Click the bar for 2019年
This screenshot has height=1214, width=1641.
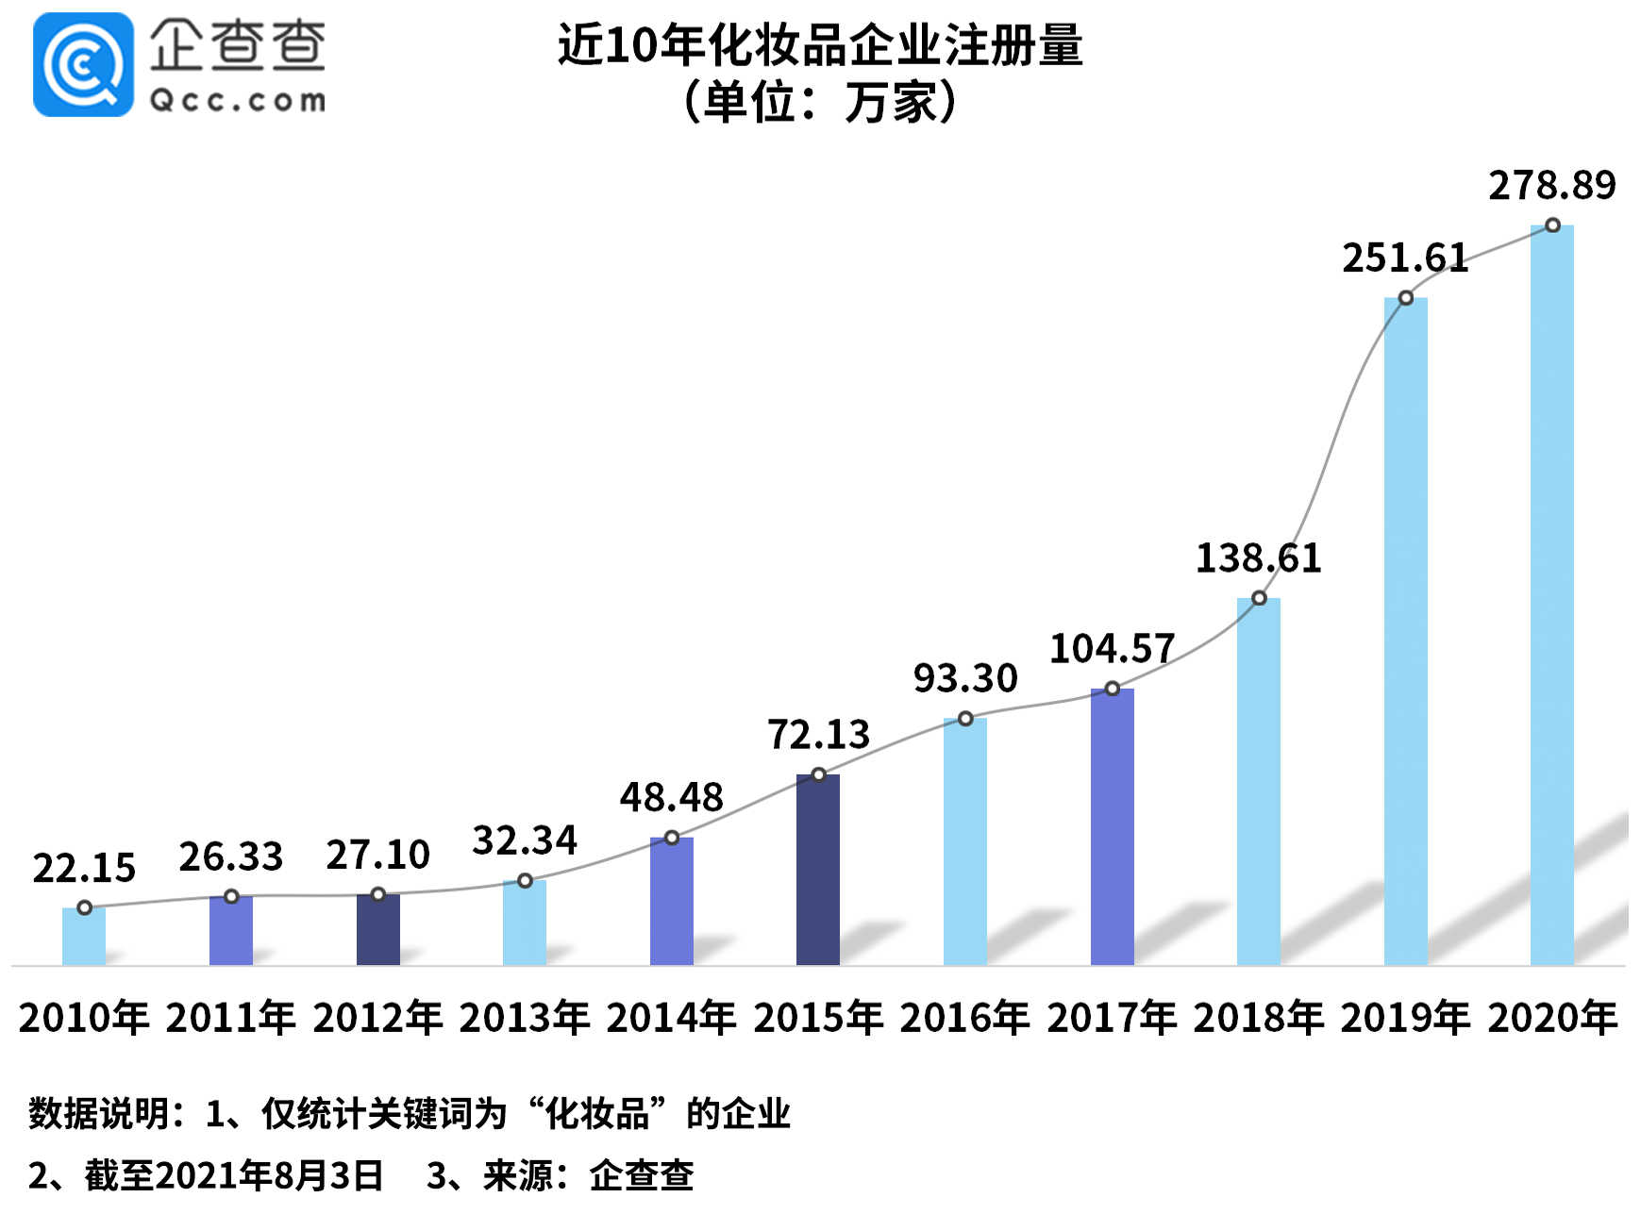pos(1405,632)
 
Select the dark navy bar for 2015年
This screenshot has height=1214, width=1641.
pos(817,870)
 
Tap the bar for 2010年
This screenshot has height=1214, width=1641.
pos(84,936)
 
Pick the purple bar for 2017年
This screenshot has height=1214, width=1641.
pos(1112,826)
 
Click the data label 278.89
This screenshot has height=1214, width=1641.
pos(1551,185)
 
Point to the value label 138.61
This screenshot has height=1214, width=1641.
pos(1258,558)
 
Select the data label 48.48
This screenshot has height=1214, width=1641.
pos(671,798)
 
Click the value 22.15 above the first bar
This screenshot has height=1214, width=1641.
pos(84,868)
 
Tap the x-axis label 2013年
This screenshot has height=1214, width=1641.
pos(524,1018)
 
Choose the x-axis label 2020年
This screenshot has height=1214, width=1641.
pos(1551,1018)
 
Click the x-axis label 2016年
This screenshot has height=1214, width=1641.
pos(964,1018)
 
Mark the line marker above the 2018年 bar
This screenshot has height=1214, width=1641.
pos(1259,598)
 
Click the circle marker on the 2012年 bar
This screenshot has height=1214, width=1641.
pos(377,894)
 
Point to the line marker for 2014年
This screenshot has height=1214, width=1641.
pos(671,838)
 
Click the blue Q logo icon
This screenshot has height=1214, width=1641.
pos(83,65)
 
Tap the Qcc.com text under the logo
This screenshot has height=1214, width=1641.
pos(238,100)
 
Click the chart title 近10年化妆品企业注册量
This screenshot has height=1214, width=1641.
pos(819,44)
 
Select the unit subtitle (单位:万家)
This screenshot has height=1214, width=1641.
pos(819,102)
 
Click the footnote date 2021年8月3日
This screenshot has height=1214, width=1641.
pos(269,1175)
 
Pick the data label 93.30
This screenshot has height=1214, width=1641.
pos(964,678)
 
